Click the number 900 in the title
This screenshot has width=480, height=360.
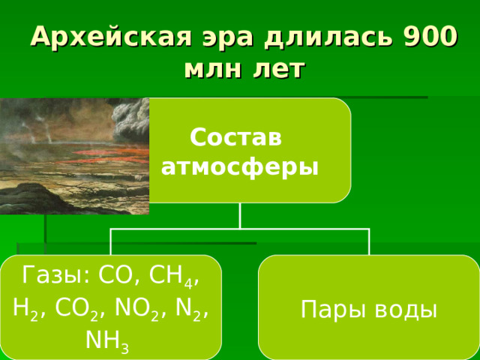coord(429,35)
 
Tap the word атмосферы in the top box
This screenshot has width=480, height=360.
coord(240,165)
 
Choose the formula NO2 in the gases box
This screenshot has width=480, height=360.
coord(134,310)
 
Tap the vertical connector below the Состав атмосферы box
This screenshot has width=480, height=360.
coord(240,215)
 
